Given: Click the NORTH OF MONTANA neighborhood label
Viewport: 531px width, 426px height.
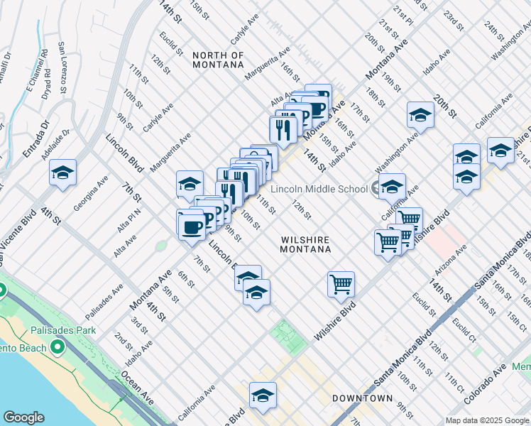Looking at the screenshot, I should click(x=218, y=60).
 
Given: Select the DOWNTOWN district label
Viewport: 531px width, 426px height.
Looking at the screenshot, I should click(x=362, y=398).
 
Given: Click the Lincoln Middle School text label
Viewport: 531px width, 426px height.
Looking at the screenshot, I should click(x=317, y=189).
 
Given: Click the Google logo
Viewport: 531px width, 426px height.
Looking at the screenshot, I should click(x=23, y=417).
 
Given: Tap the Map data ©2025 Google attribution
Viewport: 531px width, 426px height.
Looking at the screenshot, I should click(x=487, y=420).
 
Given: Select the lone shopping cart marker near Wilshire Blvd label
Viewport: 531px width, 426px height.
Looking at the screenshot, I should click(x=341, y=284).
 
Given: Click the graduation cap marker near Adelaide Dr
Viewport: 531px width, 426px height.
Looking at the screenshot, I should click(x=62, y=173).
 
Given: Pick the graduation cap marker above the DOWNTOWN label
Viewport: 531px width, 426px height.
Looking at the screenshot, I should click(x=262, y=395).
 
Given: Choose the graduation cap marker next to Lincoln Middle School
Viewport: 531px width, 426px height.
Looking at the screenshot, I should click(x=391, y=187).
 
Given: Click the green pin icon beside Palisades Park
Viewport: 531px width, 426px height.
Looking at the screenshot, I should click(x=2, y=291).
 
